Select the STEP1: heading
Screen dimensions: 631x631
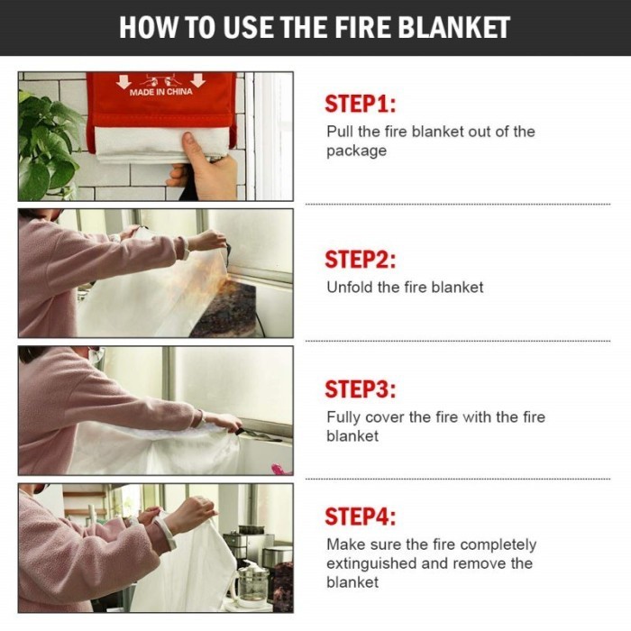[x=361, y=103]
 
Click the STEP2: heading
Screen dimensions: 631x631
[x=361, y=259]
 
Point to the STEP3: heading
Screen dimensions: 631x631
[x=361, y=389]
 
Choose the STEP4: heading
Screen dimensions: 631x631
[x=361, y=517]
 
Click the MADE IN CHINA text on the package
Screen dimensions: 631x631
[x=160, y=92]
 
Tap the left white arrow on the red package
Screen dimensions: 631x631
[x=124, y=81]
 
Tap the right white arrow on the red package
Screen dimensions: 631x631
[x=197, y=81]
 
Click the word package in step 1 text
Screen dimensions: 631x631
[x=356, y=151]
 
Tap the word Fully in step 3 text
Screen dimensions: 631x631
[x=343, y=416]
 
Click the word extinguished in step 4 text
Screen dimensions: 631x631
[x=371, y=563]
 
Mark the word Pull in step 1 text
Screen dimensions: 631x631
[x=339, y=132]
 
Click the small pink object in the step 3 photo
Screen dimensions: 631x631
[x=278, y=469]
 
